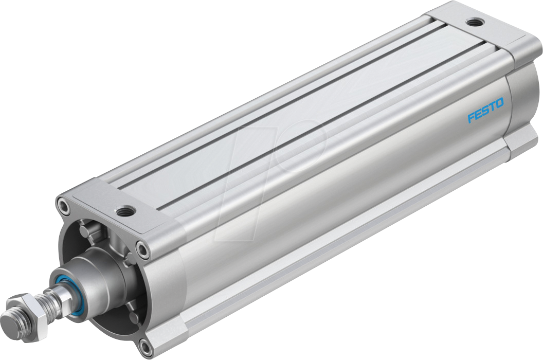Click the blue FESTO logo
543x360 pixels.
tap(485, 111)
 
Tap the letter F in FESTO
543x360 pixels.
tap(470, 118)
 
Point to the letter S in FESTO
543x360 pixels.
tap(485, 111)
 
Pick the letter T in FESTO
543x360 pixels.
tap(492, 107)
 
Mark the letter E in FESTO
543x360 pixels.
tap(478, 115)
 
